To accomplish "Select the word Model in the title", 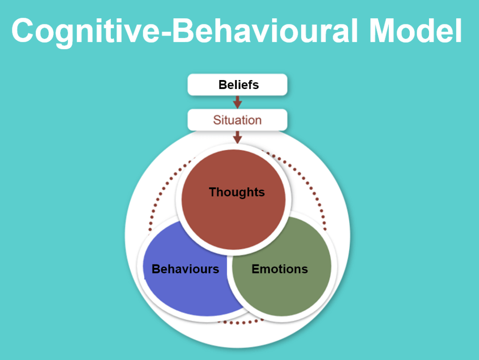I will tap(415, 31).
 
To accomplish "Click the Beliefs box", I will tap(238, 85).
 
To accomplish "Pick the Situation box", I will tap(237, 120).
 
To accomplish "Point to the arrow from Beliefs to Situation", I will tap(238, 102).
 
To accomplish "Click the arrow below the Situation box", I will tap(238, 137).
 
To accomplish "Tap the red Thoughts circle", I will tap(233, 215).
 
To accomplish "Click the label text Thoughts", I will tap(237, 192).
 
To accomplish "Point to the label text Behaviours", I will tap(185, 269).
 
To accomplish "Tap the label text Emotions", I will tap(280, 269).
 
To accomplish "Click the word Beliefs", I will tap(239, 85).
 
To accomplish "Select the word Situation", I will tap(237, 120).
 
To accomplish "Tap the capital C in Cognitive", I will tap(23, 31).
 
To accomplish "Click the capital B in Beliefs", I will tap(222, 85).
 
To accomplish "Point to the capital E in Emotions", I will tap(255, 269).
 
